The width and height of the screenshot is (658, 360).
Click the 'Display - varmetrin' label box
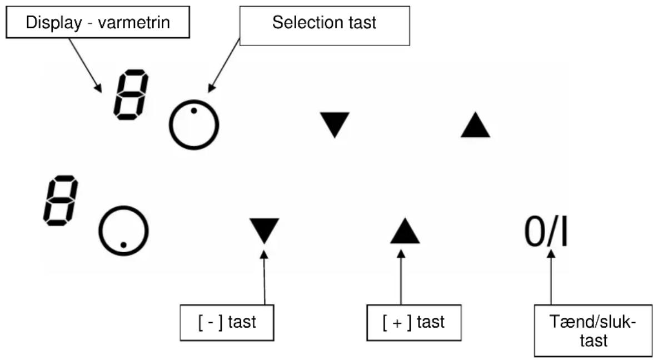(98, 22)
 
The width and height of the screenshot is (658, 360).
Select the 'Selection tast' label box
(325, 26)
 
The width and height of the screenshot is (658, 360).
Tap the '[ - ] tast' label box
(227, 323)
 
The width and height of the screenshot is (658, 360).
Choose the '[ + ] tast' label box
(414, 323)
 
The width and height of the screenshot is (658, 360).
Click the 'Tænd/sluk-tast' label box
(593, 331)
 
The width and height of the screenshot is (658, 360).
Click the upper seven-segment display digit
(131, 95)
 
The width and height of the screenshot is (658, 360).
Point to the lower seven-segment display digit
(61, 201)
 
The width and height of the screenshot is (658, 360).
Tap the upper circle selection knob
(170, 125)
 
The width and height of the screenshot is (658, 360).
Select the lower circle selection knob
(99, 231)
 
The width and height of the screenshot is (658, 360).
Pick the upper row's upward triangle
(476, 126)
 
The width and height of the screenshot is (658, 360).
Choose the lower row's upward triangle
(405, 232)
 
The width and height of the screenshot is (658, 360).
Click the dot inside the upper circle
(194, 111)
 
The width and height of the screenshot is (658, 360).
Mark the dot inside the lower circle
(123, 244)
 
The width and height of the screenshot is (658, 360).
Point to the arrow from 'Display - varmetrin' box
(85, 65)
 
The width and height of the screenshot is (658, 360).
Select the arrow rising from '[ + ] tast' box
(401, 277)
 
